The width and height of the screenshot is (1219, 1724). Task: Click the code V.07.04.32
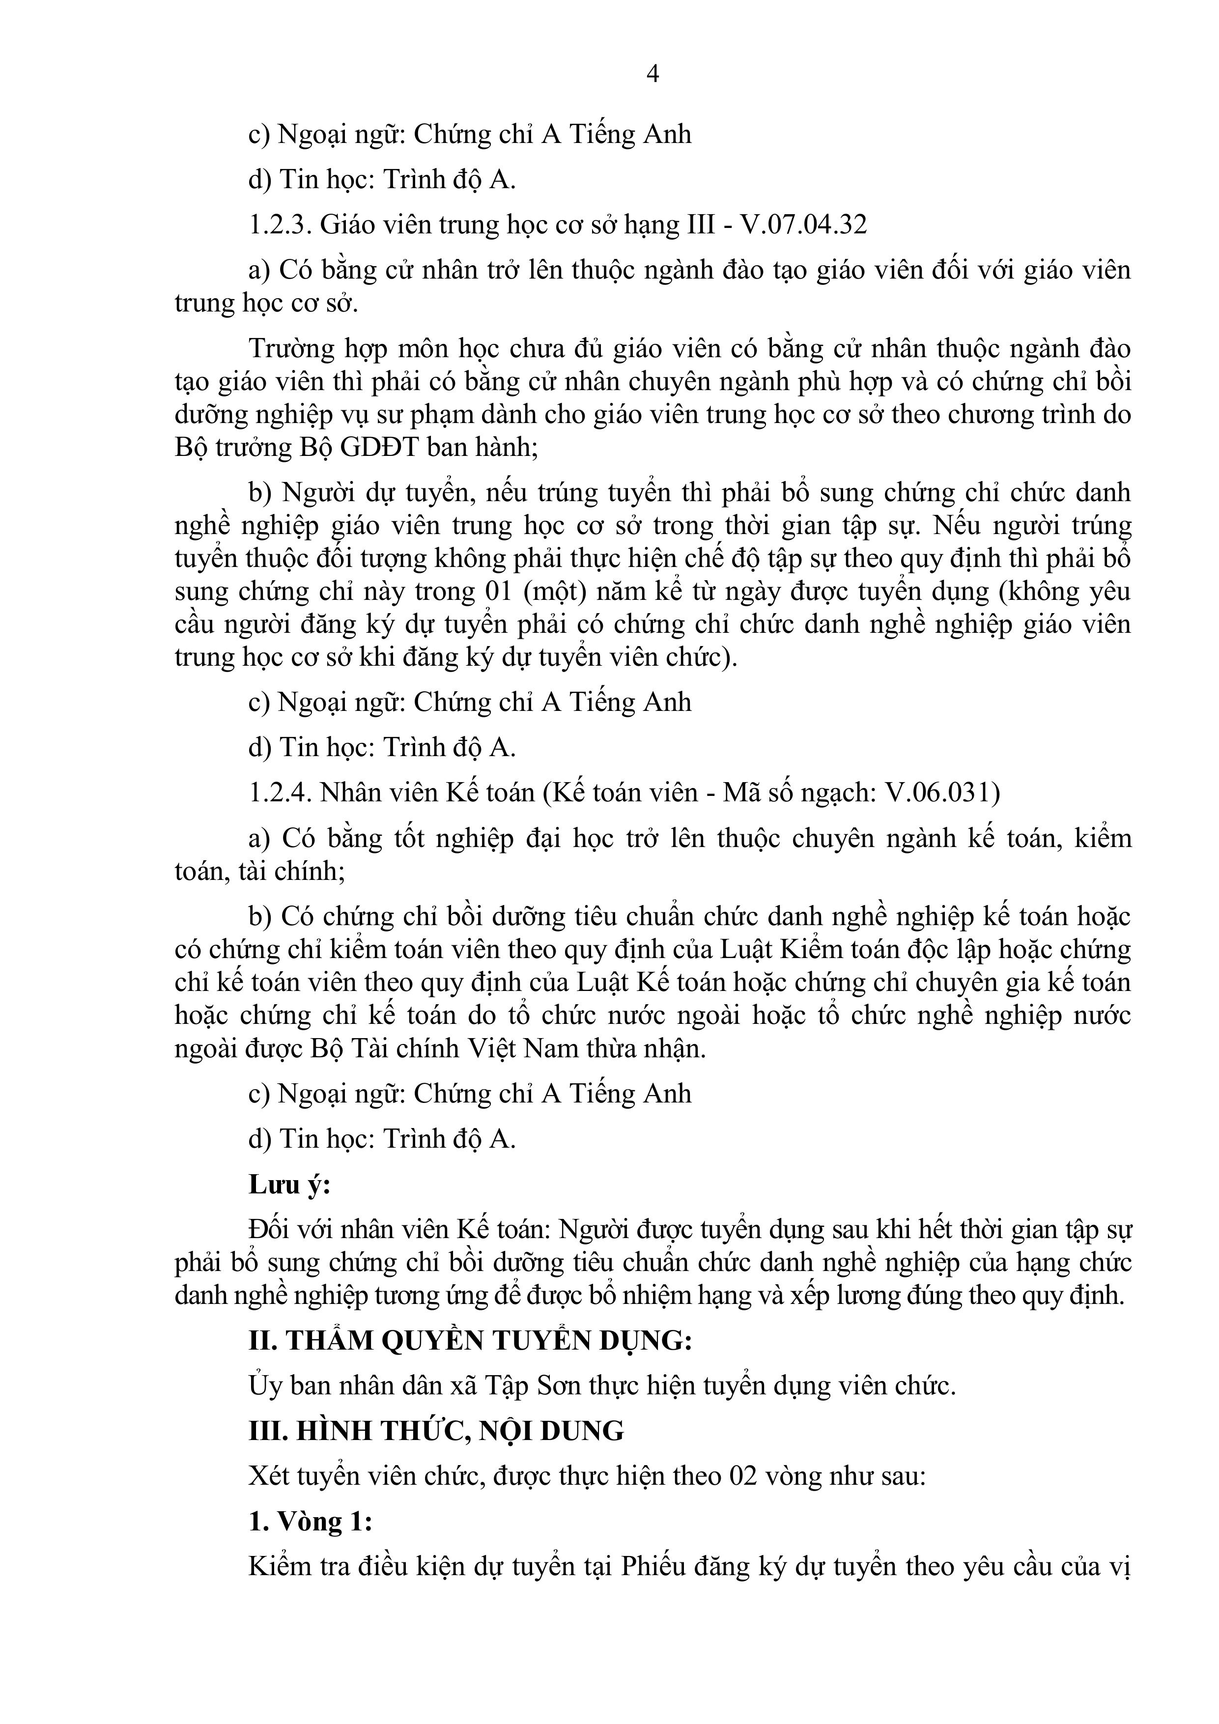[x=804, y=225]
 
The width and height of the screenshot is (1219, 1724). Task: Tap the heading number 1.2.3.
[x=280, y=225]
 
